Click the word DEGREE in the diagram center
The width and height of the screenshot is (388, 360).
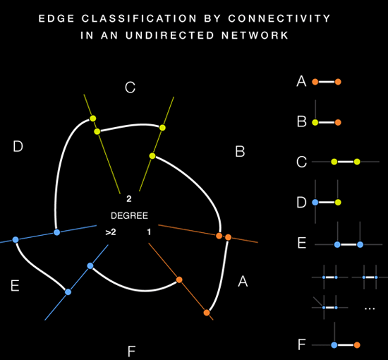[x=129, y=214]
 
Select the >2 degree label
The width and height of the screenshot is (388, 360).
[x=111, y=232]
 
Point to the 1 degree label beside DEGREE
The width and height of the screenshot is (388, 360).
[x=148, y=232]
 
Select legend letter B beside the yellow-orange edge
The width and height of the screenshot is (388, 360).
[x=301, y=122]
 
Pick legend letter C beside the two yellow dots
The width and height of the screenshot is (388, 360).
[x=301, y=162]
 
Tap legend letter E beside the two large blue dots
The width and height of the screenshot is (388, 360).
[x=301, y=244]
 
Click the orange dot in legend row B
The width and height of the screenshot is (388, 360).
[x=338, y=122]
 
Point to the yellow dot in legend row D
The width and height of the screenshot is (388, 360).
[x=339, y=203]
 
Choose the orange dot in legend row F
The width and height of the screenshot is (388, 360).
[x=357, y=345]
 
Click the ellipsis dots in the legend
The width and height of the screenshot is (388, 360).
[x=370, y=309]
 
